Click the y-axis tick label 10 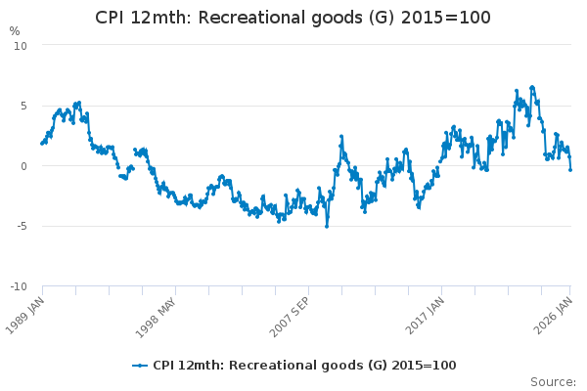pos(20,46)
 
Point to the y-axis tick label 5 pos(23,106)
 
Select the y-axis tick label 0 pos(23,166)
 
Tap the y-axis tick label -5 pos(20,226)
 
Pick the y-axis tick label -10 pos(18,286)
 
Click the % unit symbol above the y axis pos(14,30)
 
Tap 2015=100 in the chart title pos(448,18)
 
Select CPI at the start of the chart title pos(111,18)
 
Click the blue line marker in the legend pos(140,366)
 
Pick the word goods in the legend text pos(322,366)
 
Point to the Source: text pos(553,381)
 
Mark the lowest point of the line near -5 pos(327,226)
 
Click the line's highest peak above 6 pos(532,87)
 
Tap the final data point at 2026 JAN pos(570,169)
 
